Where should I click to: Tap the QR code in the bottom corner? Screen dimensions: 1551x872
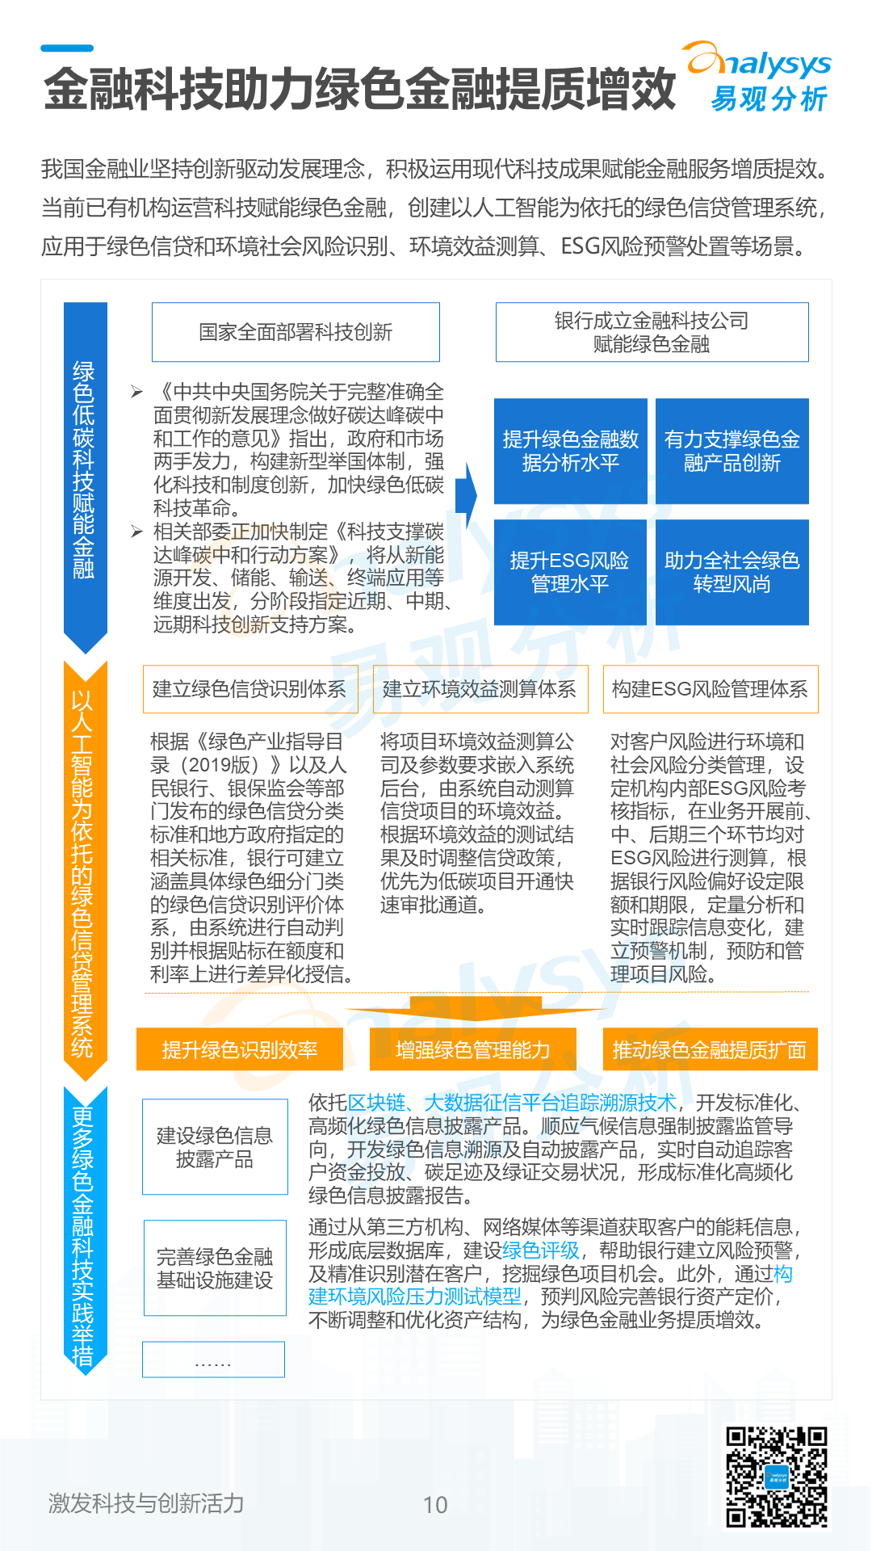(776, 1476)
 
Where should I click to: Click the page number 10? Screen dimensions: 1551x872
(435, 1504)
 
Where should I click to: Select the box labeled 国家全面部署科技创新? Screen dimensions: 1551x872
(296, 332)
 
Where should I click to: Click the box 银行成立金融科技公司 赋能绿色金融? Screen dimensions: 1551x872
(652, 332)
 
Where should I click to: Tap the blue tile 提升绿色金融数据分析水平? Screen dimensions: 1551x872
(570, 451)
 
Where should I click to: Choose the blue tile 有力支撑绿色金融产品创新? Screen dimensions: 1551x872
(732, 451)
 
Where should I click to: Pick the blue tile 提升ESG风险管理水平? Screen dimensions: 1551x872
(570, 572)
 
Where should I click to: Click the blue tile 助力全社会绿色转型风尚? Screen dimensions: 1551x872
(732, 572)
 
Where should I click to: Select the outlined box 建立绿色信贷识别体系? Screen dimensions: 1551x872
(249, 689)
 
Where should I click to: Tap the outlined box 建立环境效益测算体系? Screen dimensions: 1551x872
(480, 689)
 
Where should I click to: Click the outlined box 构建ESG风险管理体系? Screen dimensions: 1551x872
(710, 689)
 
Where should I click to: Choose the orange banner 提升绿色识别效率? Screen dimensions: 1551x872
(240, 1049)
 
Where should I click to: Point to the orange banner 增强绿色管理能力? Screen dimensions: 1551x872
(472, 1049)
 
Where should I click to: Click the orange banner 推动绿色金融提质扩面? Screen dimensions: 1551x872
(710, 1049)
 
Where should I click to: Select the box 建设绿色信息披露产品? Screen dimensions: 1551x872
(215, 1147)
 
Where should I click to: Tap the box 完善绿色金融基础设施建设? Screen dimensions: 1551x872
(215, 1268)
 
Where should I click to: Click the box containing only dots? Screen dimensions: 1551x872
(213, 1360)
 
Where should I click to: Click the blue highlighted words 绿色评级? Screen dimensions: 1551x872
(541, 1250)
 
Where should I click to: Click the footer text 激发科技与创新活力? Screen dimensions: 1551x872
(146, 1503)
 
